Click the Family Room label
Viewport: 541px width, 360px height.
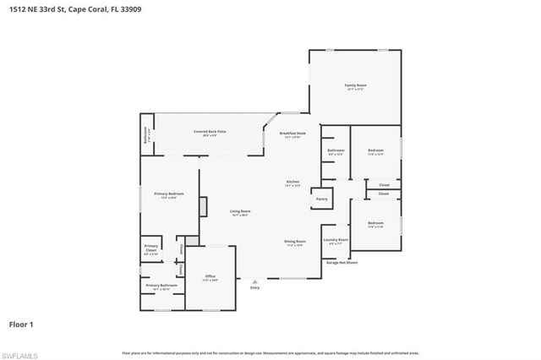coord(355,86)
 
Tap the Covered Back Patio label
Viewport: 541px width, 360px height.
coord(210,132)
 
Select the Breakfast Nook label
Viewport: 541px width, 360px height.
coord(292,134)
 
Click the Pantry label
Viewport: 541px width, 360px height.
coord(322,199)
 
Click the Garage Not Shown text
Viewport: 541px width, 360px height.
coord(342,262)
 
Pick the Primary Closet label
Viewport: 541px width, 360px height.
coord(151,250)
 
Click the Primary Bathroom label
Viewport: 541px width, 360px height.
coord(161,286)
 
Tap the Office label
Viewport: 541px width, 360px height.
coord(210,277)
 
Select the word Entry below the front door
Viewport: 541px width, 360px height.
coord(254,288)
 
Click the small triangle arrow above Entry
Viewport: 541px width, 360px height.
coord(254,281)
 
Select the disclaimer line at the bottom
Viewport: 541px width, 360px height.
coord(270,352)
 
